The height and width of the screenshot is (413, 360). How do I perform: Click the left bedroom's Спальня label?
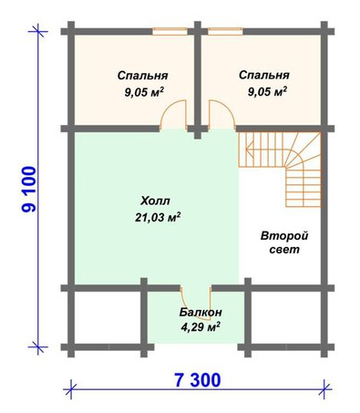(x=142, y=76)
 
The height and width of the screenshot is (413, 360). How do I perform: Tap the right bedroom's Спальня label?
(x=264, y=75)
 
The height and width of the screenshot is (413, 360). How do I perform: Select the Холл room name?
(x=156, y=201)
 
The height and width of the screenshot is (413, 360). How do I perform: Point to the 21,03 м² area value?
(x=158, y=217)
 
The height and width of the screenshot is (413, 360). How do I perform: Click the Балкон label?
(x=201, y=312)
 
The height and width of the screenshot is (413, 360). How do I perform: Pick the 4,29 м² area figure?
(x=201, y=327)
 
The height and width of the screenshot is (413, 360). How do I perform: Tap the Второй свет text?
(x=284, y=243)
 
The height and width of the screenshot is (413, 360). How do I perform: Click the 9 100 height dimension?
(x=29, y=189)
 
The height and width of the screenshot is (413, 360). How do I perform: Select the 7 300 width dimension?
(x=198, y=380)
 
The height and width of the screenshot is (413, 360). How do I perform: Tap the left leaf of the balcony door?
(x=184, y=305)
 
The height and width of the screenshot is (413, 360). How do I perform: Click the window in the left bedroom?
(x=170, y=31)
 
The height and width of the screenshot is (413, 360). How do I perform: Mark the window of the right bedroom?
(x=225, y=31)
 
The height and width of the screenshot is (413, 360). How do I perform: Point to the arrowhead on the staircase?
(x=249, y=150)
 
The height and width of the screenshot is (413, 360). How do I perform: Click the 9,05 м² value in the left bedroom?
(x=144, y=92)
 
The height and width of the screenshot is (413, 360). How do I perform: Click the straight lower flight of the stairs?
(x=303, y=189)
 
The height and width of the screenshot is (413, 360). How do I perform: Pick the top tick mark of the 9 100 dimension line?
(x=37, y=31)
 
